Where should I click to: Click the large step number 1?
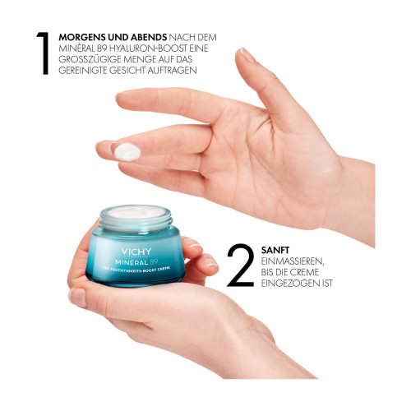(x=44, y=53)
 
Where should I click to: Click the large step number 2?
(x=240, y=266)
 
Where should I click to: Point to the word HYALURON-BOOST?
(x=149, y=48)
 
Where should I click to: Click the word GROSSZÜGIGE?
(x=90, y=59)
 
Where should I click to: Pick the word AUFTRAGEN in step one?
(x=173, y=71)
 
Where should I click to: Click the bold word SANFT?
(x=275, y=250)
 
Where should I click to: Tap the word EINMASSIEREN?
(x=293, y=261)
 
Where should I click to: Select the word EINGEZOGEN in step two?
(x=289, y=283)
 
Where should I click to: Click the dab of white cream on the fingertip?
(x=127, y=152)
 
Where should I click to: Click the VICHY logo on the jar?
(x=136, y=252)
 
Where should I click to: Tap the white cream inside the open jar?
(x=136, y=212)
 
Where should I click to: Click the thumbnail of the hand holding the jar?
(x=77, y=298)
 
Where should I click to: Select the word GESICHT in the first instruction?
(x=127, y=71)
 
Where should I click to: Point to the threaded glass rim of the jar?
(x=136, y=221)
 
